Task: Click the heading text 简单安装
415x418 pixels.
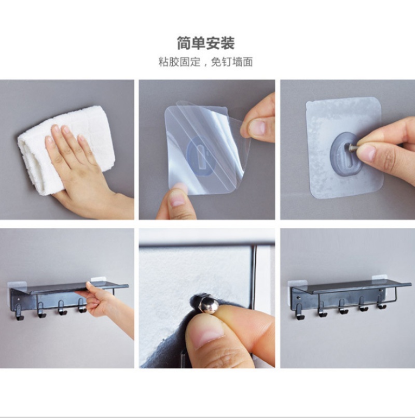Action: [x=206, y=43]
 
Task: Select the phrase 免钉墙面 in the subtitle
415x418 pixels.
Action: [x=232, y=62]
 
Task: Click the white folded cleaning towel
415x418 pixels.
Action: [x=64, y=149]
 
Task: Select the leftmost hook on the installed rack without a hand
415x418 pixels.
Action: [x=299, y=311]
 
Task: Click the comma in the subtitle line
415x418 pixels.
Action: [x=205, y=65]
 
